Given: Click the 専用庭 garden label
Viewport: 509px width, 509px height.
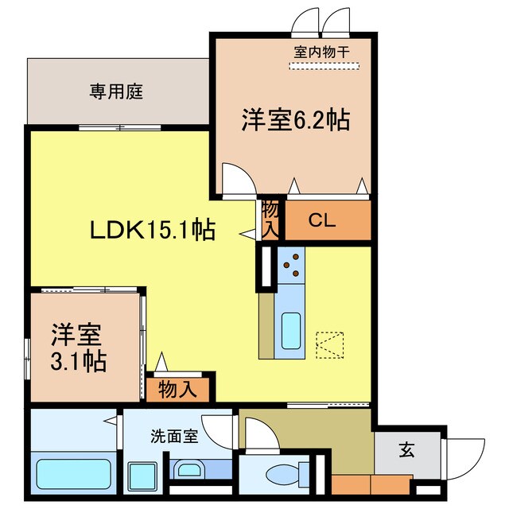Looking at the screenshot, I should [115, 91].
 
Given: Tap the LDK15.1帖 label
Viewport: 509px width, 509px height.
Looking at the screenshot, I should [151, 231].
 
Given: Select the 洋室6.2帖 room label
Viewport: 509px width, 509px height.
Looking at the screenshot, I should [296, 121].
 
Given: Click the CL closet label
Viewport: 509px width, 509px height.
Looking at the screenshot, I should [323, 220].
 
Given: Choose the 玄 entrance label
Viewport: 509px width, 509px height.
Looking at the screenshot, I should [406, 451].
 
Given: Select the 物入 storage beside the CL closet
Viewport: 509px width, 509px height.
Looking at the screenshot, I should [270, 219].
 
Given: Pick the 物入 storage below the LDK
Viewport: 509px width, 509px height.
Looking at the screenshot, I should [177, 389].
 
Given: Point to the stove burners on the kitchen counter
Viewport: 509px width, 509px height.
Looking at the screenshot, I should [291, 265].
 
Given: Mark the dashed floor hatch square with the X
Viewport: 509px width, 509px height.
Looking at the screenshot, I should [328, 345].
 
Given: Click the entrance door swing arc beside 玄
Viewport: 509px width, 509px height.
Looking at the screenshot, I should [469, 459].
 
